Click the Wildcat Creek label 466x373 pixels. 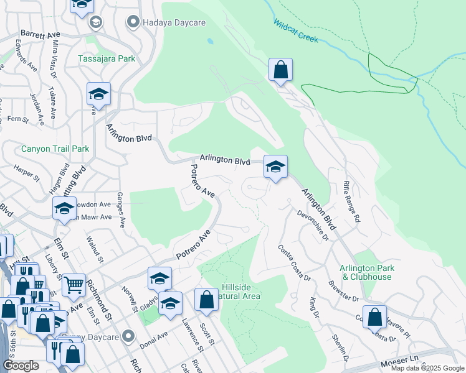pyautogui.click(x=295, y=30)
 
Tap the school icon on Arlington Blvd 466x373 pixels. pyautogui.click(x=275, y=167)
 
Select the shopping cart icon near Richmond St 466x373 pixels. pyautogui.click(x=74, y=285)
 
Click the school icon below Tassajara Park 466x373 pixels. pyautogui.click(x=98, y=94)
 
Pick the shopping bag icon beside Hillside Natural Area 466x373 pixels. pyautogui.click(x=207, y=300)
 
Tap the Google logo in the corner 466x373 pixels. pyautogui.click(x=21, y=366)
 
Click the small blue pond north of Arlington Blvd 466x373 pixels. pyautogui.click(x=211, y=43)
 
